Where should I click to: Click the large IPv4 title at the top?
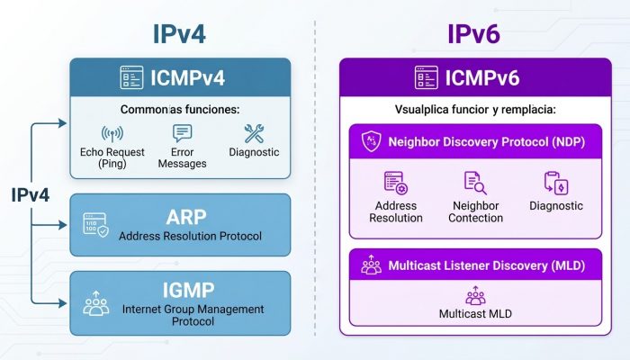coord(179,34)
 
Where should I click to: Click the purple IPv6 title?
coord(473,34)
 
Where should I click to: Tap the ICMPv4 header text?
coord(187,78)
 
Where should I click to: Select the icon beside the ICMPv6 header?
coord(427,77)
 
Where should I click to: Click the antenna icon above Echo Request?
coord(112,134)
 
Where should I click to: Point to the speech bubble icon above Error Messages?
coord(182,133)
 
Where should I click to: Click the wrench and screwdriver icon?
coord(254,133)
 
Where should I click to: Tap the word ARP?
coord(186,218)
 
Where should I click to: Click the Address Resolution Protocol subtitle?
coord(190,236)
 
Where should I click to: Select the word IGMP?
coord(188,291)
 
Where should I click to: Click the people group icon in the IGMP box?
coord(96,303)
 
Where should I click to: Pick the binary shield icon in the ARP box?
coord(95,225)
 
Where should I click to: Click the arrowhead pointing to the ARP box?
coord(62,225)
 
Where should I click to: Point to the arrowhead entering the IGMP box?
coord(62,303)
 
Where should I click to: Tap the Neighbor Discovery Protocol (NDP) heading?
coord(487,142)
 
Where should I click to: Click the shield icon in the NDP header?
coord(371,141)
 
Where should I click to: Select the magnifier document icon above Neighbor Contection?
coord(475,183)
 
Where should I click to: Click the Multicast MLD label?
coord(475,314)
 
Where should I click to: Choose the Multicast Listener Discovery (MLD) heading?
coord(487,265)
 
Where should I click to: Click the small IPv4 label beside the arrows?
coord(30,195)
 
